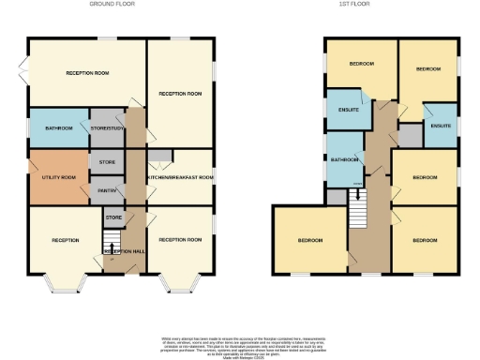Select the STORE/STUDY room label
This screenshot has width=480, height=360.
click(107, 128)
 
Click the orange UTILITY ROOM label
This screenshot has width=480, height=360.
click(58, 177)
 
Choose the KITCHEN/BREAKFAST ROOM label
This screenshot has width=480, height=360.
click(181, 177)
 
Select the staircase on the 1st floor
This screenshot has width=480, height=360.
click(356, 208)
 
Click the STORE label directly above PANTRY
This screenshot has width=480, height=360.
click(106, 161)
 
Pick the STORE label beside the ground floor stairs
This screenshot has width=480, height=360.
click(112, 218)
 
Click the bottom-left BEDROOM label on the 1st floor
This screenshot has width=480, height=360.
click(309, 241)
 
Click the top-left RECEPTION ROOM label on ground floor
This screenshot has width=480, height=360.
click(87, 73)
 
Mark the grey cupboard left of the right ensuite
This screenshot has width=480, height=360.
click(410, 135)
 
